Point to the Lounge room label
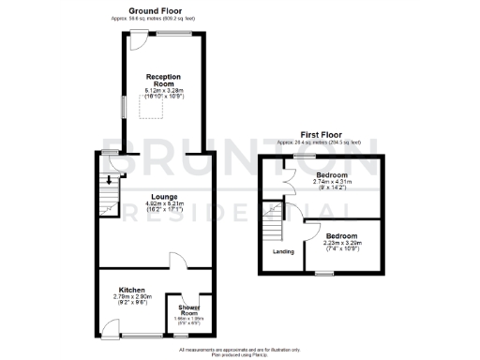(157, 197)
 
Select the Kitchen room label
(131, 290)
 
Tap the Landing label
(282, 251)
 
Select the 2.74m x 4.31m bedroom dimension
(333, 185)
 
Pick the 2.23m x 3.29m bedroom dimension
(342, 243)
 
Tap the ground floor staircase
(112, 198)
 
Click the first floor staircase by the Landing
(273, 224)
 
